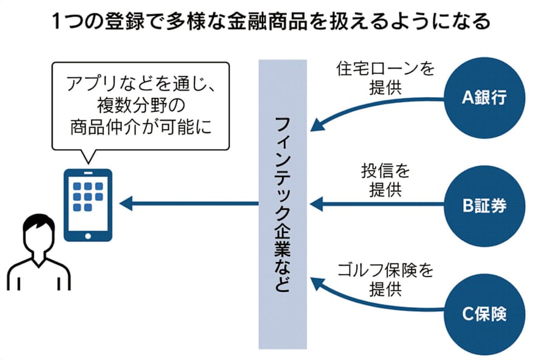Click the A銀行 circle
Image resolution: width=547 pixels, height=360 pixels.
coord(484,97)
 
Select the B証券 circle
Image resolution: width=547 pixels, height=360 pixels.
coord(484,206)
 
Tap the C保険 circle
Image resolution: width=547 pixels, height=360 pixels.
coord(484,315)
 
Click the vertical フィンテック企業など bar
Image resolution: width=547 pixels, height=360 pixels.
coord(283,204)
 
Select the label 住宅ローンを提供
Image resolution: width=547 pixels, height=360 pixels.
coord(385,77)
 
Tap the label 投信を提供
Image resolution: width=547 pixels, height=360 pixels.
coord(385,181)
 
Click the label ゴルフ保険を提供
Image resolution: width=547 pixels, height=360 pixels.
coord(385,279)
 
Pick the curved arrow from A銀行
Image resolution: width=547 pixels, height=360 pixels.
coord(377,111)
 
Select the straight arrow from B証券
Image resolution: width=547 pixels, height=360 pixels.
coord(377,205)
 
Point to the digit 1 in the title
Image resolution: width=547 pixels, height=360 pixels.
coord(57,22)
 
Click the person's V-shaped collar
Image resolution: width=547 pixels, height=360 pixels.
coord(35,263)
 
